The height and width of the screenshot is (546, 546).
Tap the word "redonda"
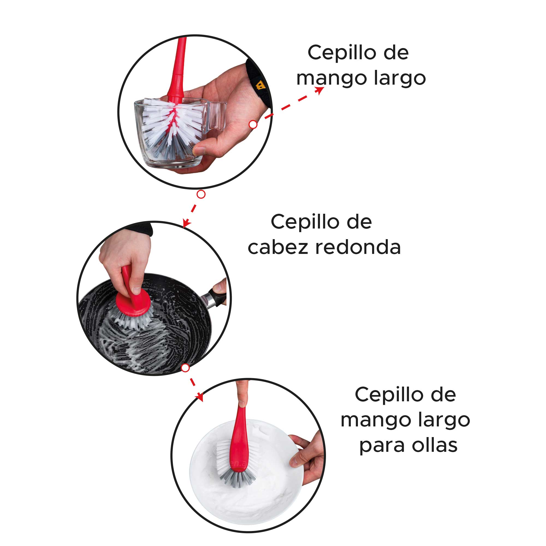point(358,248)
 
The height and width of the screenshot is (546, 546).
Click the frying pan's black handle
point(217,298)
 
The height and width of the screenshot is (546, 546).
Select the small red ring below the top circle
point(201,194)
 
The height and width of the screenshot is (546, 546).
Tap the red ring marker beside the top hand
point(253,124)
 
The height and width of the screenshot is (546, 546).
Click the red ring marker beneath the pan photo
point(185,368)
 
